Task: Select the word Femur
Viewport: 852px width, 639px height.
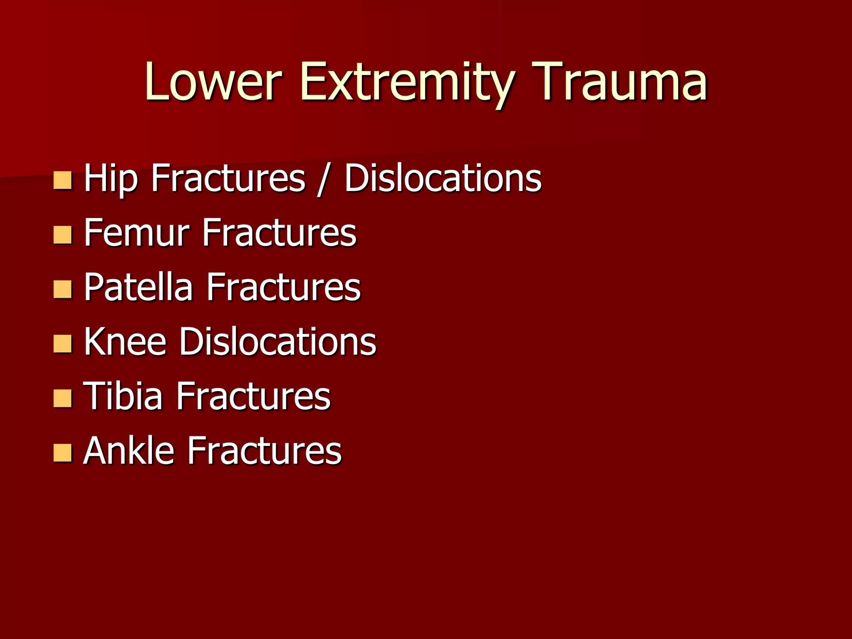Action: [x=137, y=233]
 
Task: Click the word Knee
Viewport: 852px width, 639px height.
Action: [x=125, y=342]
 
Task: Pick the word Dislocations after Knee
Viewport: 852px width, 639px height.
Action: [x=278, y=342]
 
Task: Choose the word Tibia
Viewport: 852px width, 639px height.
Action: [x=123, y=396]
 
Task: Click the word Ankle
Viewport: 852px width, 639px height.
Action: [x=129, y=451]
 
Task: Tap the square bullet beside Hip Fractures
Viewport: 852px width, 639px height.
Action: [x=63, y=181]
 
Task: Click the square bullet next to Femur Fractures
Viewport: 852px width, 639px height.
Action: [x=63, y=235]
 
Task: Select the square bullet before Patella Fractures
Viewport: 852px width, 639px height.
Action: [x=63, y=290]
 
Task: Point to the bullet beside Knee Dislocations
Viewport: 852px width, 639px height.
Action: [x=63, y=344]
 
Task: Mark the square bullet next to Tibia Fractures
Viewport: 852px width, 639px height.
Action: [x=63, y=399]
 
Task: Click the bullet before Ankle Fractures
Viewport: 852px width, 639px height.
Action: [x=63, y=453]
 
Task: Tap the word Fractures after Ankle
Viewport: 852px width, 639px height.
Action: [x=265, y=451]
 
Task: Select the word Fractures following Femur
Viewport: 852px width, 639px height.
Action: [x=279, y=233]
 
